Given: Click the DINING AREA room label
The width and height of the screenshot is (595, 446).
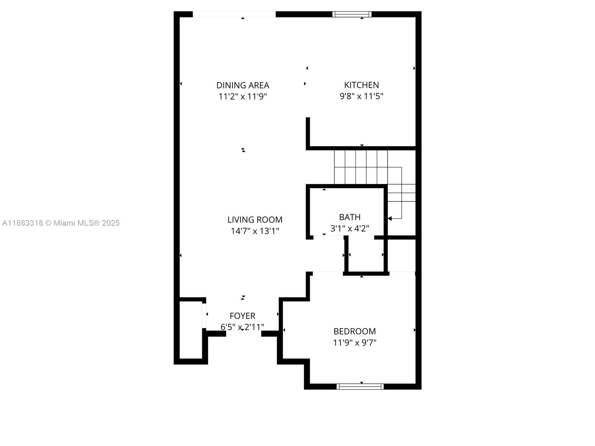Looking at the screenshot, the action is [242, 85].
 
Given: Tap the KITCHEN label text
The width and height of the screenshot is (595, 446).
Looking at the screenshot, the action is [361, 85].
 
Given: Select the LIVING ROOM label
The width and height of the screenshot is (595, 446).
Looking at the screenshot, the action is [255, 220].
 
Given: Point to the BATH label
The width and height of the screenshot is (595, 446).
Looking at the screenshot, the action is [350, 217].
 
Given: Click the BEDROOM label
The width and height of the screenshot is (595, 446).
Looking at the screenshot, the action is [354, 332].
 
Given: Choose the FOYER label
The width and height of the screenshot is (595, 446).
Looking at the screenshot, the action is [242, 316].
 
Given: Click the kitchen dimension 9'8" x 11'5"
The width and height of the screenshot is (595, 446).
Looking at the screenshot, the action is [361, 96].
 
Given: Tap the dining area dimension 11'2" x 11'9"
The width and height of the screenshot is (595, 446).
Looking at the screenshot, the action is [242, 96].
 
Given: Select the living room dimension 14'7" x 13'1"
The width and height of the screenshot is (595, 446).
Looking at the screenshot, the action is [255, 231].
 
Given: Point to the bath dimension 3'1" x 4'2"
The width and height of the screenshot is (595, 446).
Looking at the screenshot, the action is [350, 229].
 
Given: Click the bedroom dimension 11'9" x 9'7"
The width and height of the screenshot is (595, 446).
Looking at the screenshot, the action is [354, 343].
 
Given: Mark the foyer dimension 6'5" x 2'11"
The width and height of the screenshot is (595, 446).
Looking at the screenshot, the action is [242, 327].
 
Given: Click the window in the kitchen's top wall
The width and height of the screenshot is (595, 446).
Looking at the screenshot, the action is [352, 14].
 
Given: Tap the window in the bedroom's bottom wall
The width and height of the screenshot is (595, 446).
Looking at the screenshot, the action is [360, 387].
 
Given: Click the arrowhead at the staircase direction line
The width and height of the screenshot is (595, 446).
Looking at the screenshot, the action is [390, 219].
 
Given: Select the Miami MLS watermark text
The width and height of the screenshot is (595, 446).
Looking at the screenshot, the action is [61, 223].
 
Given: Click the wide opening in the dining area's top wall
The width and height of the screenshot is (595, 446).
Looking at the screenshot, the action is [234, 14].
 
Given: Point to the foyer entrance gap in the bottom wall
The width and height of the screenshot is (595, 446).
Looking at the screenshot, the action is [244, 334].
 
